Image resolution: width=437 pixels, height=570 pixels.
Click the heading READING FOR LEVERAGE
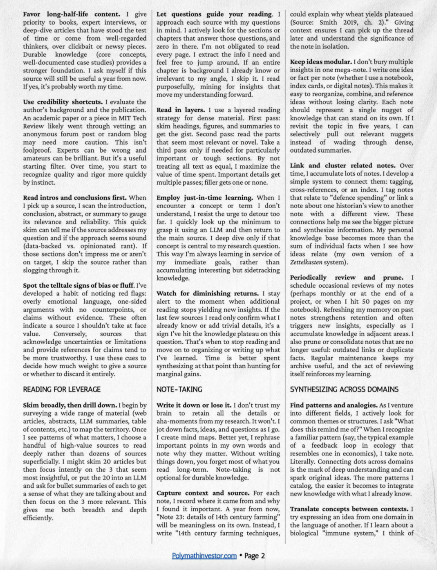pyautogui.click(x=61, y=389)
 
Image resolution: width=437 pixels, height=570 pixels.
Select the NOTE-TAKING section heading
pyautogui.click(x=179, y=389)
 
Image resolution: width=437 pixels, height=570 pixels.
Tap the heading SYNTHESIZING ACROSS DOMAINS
pyautogui.click(x=344, y=389)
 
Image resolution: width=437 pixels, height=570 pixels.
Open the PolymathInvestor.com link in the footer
pyautogui.click(x=204, y=556)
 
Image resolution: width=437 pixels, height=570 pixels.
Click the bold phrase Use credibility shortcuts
pyautogui.click(x=63, y=102)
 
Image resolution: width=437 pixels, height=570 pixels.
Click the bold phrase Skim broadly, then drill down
pyautogui.click(x=69, y=406)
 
